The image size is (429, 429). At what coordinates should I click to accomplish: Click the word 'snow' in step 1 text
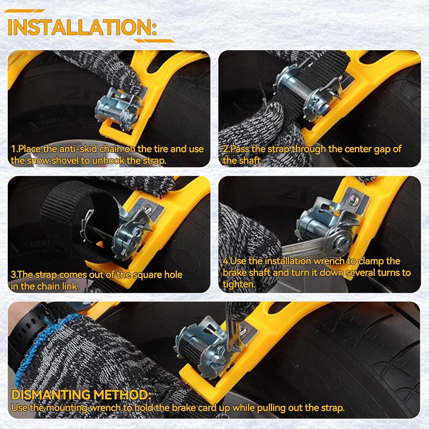click(36, 161)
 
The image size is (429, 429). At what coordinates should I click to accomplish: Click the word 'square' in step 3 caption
click(139, 275)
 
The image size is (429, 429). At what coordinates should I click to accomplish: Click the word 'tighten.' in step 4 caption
click(239, 285)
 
